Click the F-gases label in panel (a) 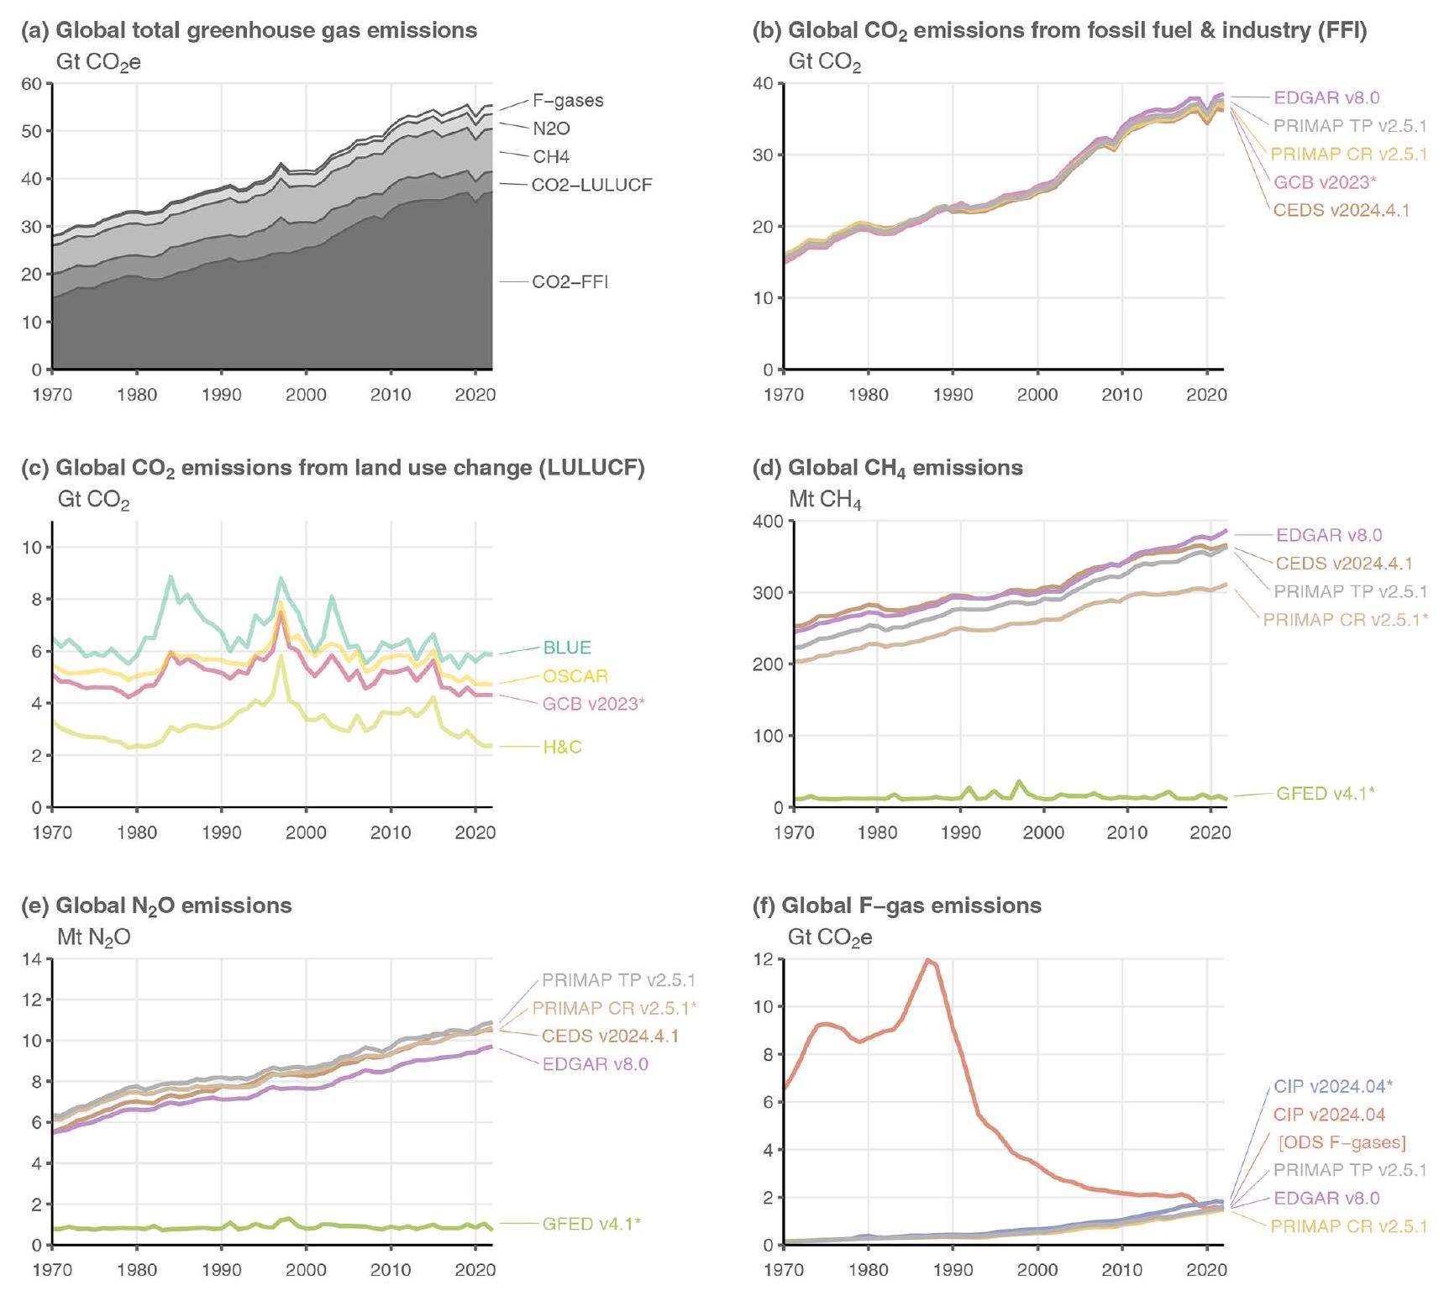568,101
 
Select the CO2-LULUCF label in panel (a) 591,185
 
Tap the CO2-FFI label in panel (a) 570,282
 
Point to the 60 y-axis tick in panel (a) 32,84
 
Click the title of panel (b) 1077,32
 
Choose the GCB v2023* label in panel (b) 1325,182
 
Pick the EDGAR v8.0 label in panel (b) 1326,98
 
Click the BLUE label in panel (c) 567,648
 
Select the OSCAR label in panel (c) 575,676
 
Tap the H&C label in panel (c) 562,747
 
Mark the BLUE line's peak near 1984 171,576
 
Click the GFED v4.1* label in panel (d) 1325,793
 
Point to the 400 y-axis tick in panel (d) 767,522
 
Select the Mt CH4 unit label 825,501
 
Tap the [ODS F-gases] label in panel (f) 1342,1142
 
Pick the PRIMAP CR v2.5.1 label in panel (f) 1348,1226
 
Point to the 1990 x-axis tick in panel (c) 222,832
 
